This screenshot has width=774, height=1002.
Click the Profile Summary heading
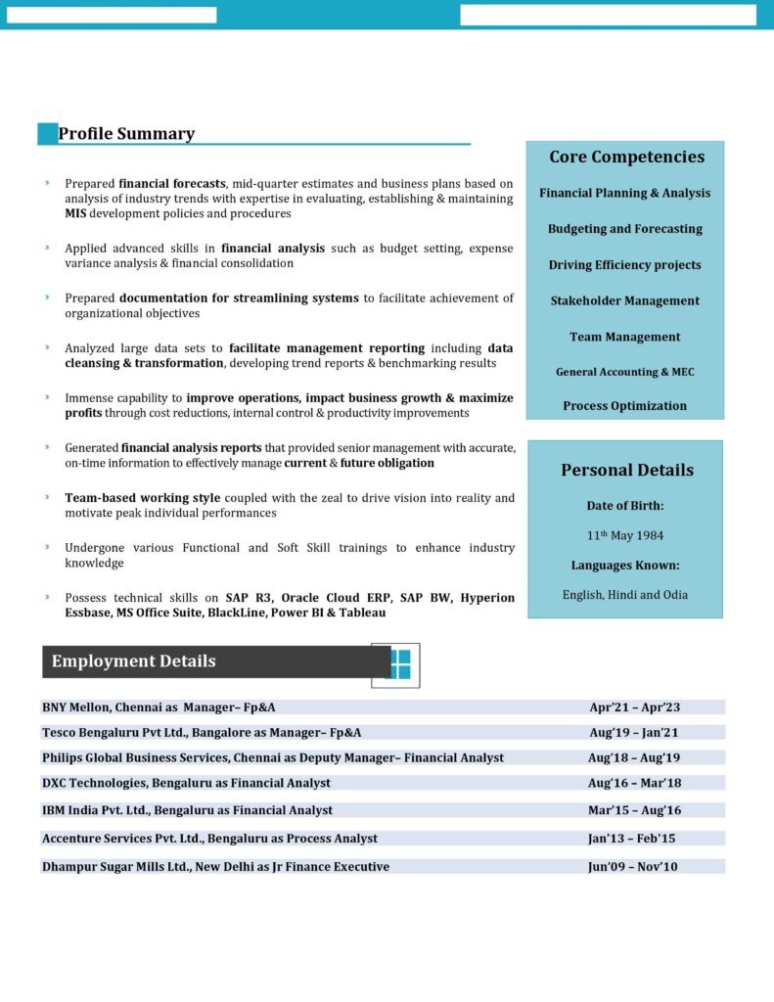point(126,134)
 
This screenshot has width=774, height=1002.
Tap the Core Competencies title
point(626,157)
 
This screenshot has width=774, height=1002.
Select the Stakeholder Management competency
point(624,300)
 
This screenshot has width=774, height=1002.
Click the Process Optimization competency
point(624,405)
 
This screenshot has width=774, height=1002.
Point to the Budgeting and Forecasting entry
point(624,228)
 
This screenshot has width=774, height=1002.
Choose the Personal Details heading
point(626,470)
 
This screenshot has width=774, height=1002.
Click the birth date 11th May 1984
point(625,535)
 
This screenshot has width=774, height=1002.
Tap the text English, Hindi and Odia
point(624,594)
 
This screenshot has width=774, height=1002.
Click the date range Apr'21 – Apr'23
point(634,706)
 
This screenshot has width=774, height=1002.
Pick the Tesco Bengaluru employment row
point(202,732)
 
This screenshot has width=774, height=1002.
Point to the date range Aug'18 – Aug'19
point(633,757)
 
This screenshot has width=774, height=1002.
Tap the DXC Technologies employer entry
point(186,783)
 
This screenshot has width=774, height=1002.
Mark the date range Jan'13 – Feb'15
point(632,838)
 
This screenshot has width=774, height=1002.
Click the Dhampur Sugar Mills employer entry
point(215,866)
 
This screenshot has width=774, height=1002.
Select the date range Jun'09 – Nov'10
point(632,866)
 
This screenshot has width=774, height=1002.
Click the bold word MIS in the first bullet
point(75,213)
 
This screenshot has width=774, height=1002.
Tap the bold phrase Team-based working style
point(142,498)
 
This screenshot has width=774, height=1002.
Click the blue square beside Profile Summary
point(47,134)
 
